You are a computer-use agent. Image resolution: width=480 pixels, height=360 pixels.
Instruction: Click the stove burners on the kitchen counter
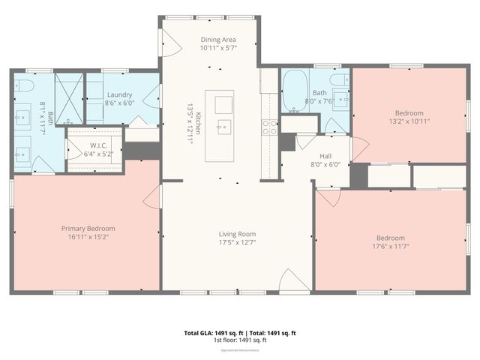(269, 127)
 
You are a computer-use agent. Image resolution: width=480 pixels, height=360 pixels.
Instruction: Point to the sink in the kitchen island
(223, 126)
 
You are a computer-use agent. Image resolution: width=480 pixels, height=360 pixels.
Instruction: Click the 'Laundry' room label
(119, 95)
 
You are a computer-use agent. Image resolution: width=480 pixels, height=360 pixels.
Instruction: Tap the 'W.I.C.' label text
(99, 145)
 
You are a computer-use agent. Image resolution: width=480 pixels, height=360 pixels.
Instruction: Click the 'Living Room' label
(237, 233)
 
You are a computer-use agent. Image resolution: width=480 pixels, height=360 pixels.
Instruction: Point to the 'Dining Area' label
(218, 39)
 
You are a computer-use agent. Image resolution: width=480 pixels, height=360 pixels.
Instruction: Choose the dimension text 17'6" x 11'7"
(390, 247)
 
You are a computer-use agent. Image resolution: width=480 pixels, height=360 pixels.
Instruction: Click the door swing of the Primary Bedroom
(152, 196)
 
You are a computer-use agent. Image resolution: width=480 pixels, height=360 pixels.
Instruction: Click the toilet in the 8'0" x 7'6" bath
(340, 79)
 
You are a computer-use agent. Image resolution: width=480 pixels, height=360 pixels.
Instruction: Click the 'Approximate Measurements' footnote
(240, 350)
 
